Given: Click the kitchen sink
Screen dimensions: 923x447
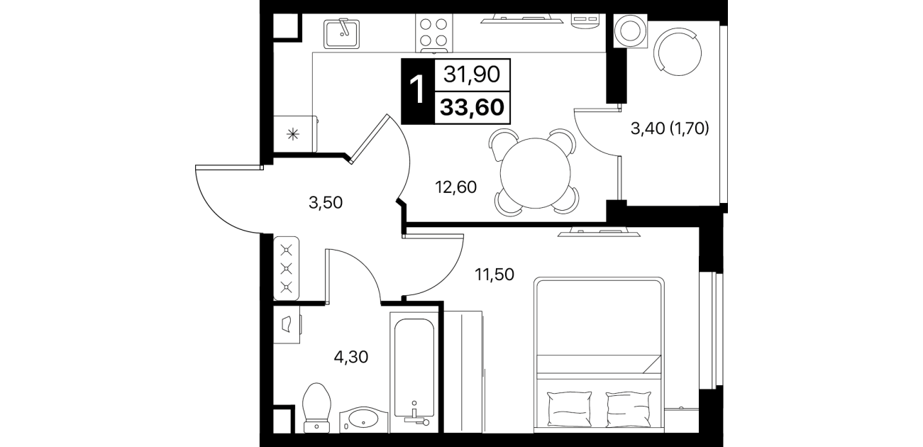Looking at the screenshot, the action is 341,33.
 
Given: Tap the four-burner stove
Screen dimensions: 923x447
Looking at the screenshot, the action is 434,33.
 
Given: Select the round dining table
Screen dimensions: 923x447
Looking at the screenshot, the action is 535,173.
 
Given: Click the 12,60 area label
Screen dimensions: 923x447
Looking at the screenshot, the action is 455,187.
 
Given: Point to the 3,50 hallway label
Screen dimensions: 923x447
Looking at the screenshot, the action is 326,203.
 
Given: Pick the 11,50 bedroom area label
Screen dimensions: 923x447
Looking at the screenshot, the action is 494,275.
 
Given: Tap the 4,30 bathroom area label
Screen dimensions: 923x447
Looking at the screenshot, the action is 350,357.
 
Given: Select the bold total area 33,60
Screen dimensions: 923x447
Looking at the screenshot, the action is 472,108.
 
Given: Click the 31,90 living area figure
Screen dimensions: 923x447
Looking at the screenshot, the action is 472,74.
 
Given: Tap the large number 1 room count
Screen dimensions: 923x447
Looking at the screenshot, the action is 417,92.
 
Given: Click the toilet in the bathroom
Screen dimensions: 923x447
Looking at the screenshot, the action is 316,407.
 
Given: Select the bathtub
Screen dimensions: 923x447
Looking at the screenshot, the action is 414,372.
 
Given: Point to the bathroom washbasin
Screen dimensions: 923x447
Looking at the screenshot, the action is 363,420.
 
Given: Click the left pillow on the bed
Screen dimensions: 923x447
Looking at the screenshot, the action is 570,408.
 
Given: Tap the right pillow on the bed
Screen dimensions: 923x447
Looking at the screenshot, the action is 629,408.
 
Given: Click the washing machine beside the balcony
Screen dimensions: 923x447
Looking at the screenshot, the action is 630,31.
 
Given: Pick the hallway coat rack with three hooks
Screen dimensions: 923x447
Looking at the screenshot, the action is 287,268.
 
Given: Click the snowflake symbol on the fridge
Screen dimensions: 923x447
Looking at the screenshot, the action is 293,134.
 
